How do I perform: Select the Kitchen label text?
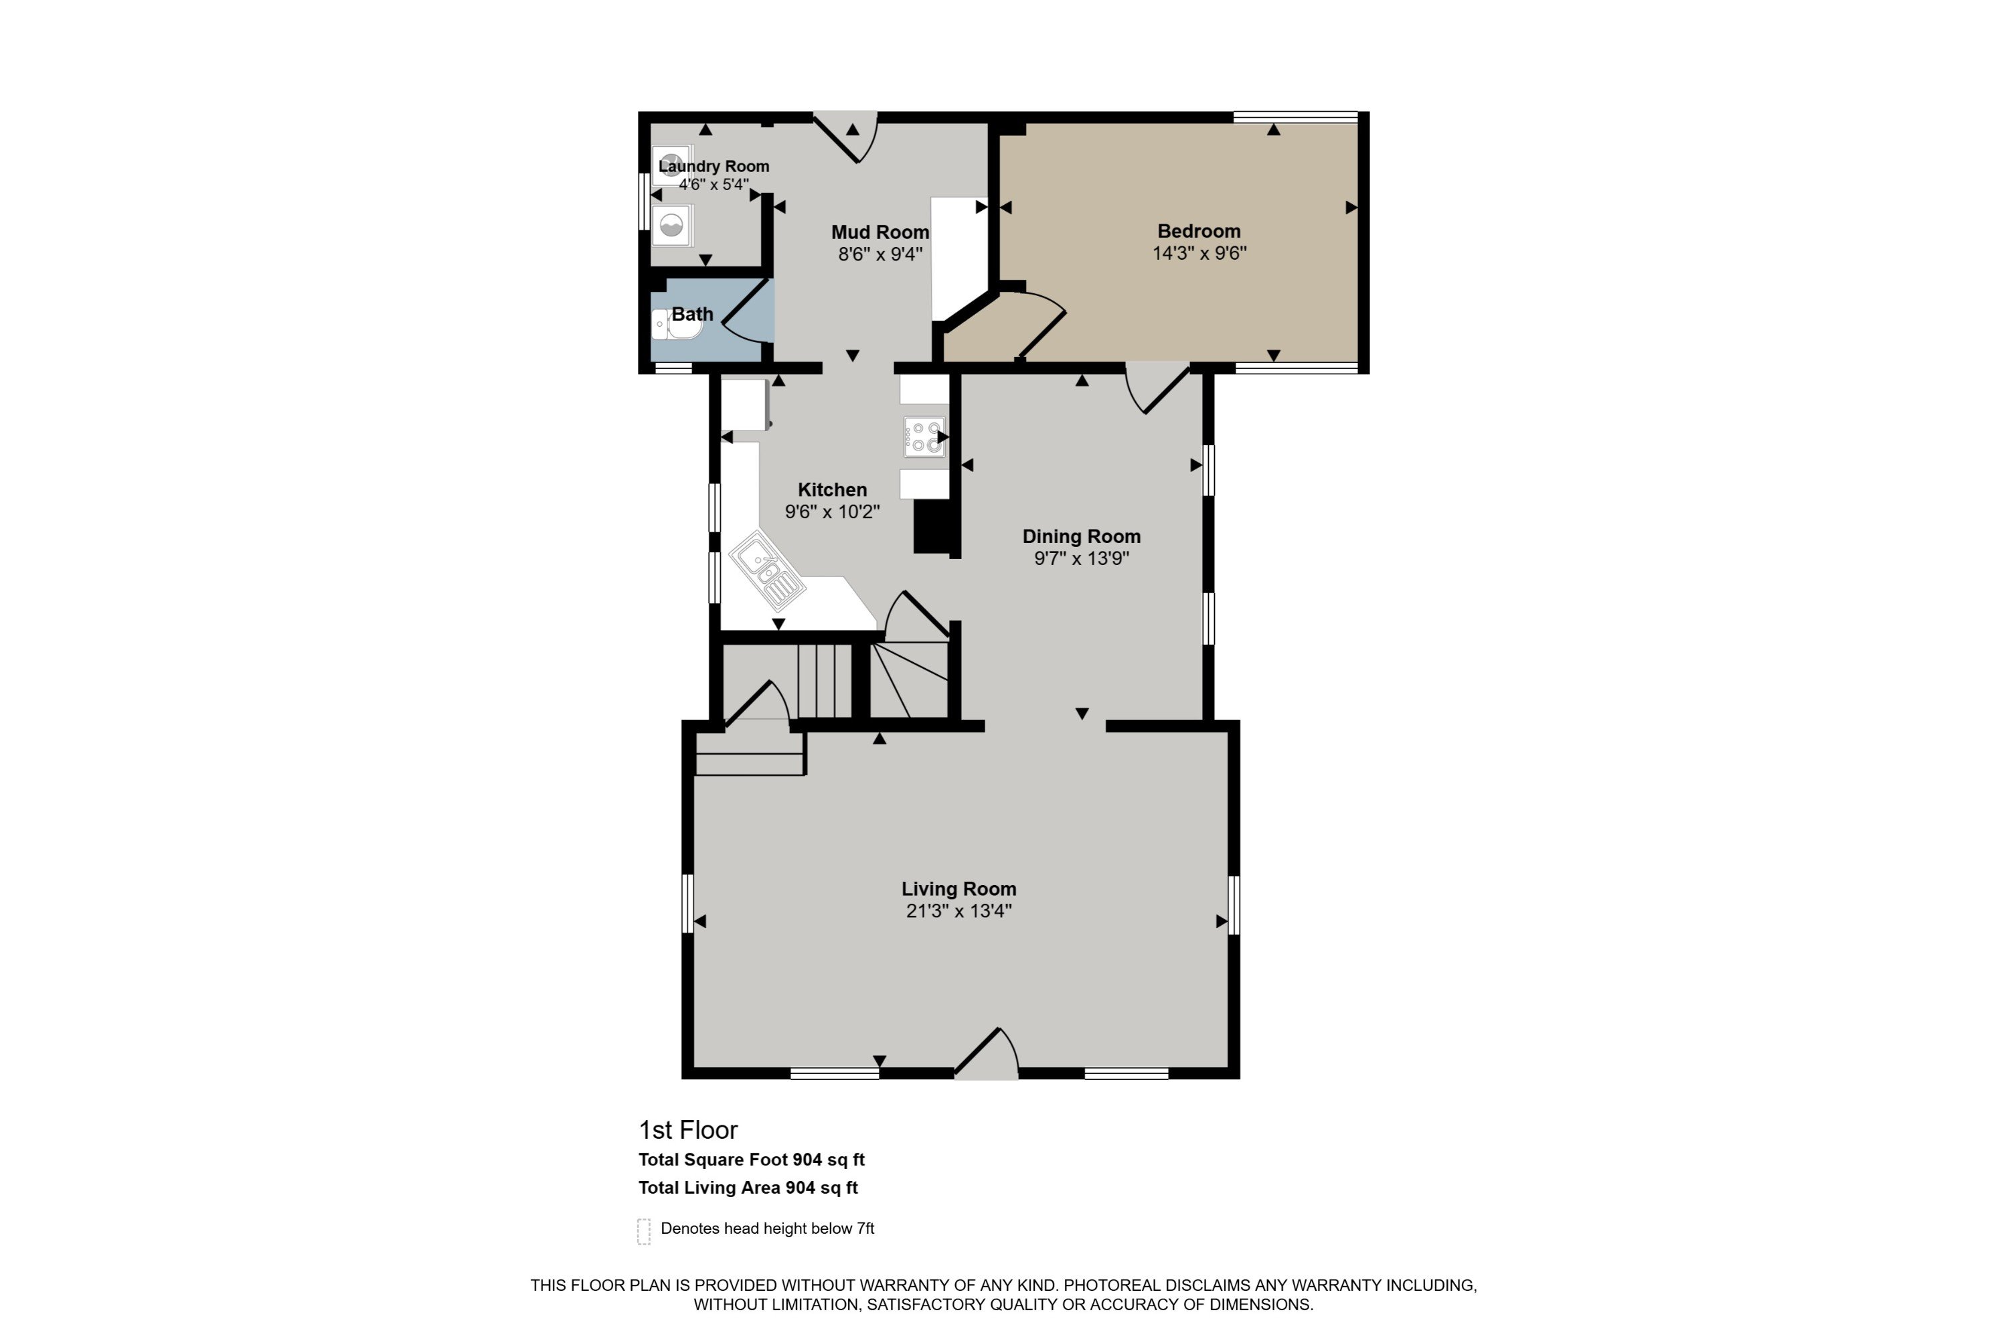pyautogui.click(x=833, y=489)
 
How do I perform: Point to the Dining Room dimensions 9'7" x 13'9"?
pyautogui.click(x=1082, y=558)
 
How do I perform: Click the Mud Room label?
pyautogui.click(x=880, y=232)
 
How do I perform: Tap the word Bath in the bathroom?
pyautogui.click(x=692, y=313)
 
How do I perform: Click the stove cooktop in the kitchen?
pyautogui.click(x=924, y=437)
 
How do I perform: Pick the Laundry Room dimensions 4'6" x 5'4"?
pyautogui.click(x=714, y=185)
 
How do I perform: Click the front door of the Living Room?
pyautogui.click(x=986, y=1053)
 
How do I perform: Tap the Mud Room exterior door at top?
pyautogui.click(x=845, y=137)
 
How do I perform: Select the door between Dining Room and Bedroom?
pyautogui.click(x=1157, y=388)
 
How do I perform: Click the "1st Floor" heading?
pyautogui.click(x=688, y=1130)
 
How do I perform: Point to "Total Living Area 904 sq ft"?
pyautogui.click(x=748, y=1187)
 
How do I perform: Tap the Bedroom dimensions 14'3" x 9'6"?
pyautogui.click(x=1199, y=253)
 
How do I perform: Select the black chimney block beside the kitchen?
pyautogui.click(x=933, y=527)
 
